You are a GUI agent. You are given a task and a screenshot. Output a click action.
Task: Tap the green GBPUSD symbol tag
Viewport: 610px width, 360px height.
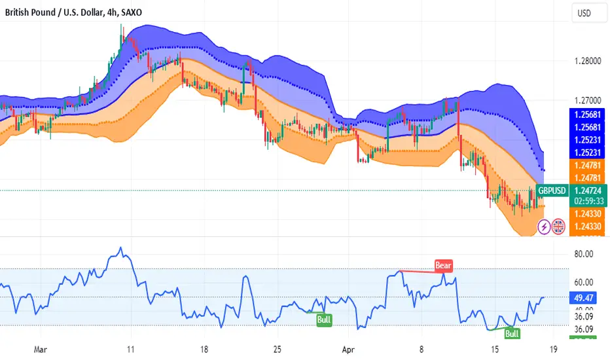click(551, 190)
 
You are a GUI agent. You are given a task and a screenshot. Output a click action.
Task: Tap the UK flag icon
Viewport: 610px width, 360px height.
click(558, 226)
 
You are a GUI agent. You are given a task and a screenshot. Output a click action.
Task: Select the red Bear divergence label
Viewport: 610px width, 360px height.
click(443, 265)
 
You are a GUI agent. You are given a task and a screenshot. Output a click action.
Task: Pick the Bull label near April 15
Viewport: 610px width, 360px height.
click(512, 334)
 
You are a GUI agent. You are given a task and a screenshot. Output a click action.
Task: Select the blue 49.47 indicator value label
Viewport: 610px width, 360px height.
click(581, 297)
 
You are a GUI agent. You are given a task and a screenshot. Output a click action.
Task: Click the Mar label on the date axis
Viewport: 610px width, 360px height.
click(41, 350)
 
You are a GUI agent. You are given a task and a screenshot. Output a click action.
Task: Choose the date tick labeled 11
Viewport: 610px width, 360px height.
click(131, 350)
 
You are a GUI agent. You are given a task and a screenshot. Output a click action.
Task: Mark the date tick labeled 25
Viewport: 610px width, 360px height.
click(278, 350)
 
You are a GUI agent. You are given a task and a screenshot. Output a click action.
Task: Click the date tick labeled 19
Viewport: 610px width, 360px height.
click(554, 350)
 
